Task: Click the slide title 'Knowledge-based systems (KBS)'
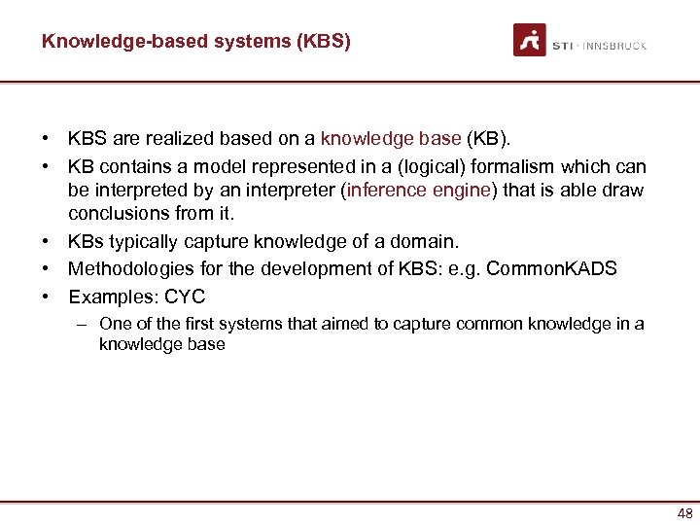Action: pyautogui.click(x=196, y=42)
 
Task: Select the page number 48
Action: pyautogui.click(x=684, y=513)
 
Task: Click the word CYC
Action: pyautogui.click(x=185, y=296)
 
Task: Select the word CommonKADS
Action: pyautogui.click(x=551, y=269)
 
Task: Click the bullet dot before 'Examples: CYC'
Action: pyautogui.click(x=46, y=296)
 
